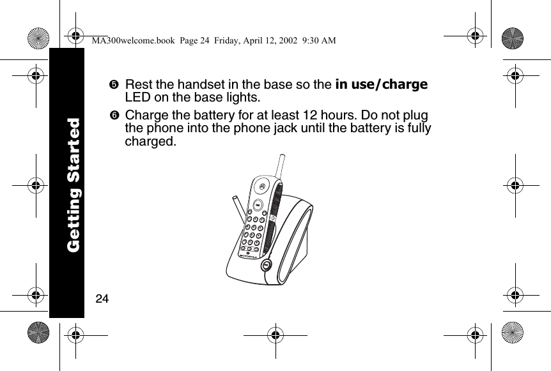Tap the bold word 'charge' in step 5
pyautogui.click(x=404, y=85)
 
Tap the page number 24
pyautogui.click(x=102, y=299)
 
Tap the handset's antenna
pyautogui.click(x=280, y=167)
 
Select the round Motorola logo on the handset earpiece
pyautogui.click(x=263, y=186)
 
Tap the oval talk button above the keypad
pyautogui.click(x=256, y=206)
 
